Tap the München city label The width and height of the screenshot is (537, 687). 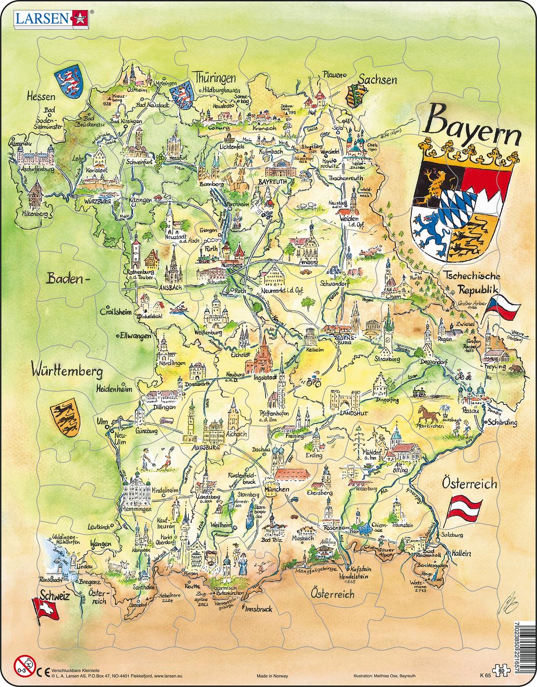pos(276,489)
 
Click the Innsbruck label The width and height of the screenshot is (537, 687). pos(258,608)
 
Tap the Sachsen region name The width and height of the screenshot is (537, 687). pos(377,79)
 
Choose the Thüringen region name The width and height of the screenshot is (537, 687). pos(214,78)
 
